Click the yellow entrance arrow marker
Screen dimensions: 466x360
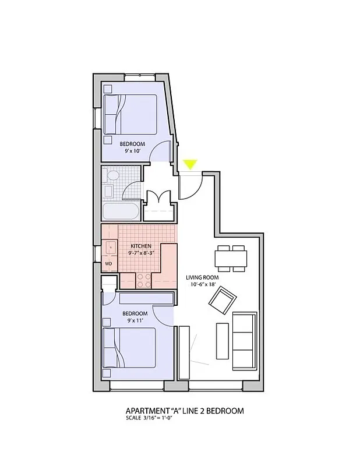click(x=190, y=165)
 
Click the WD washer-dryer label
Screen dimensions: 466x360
click(x=108, y=264)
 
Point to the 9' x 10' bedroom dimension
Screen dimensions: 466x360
click(x=133, y=151)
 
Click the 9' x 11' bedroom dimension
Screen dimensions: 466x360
click(x=133, y=320)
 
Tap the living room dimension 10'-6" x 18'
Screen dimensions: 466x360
click(x=202, y=285)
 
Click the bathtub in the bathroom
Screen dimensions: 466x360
click(x=121, y=211)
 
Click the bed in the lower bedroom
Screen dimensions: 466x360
click(x=130, y=348)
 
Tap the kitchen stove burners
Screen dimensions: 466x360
click(x=143, y=281)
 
